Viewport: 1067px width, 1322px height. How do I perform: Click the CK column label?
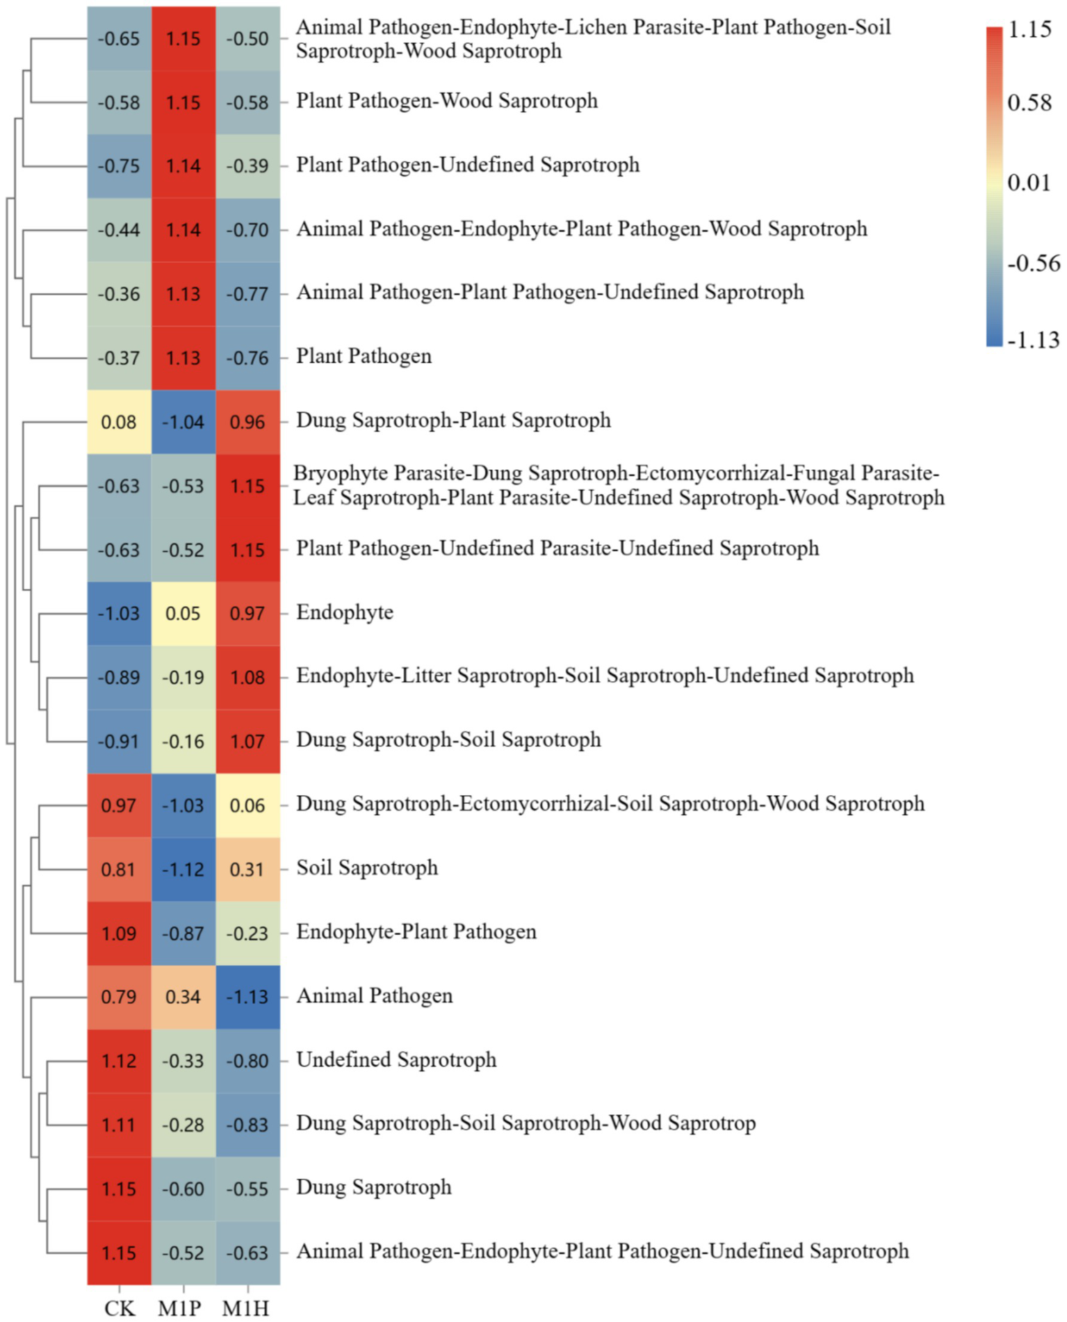(120, 1307)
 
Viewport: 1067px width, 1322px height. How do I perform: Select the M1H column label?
(245, 1307)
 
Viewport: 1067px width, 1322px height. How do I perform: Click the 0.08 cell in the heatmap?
(119, 422)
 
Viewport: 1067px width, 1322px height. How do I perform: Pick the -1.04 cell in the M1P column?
(184, 422)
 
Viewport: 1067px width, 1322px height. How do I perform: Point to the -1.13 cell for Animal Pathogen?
(247, 997)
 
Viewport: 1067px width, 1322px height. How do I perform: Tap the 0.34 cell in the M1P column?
(184, 997)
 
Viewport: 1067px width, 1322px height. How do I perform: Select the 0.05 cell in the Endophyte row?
(184, 613)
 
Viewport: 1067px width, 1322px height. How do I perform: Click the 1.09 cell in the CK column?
(119, 933)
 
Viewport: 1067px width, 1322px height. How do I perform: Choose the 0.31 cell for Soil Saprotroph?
(247, 869)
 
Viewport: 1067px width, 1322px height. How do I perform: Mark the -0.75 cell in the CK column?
(119, 166)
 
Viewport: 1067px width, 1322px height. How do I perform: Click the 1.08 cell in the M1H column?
(247, 677)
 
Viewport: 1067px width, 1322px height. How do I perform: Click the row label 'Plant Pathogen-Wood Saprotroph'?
(447, 101)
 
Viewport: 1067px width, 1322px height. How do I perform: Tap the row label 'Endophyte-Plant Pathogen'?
(416, 931)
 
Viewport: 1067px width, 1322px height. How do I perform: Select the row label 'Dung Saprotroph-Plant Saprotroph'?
(453, 420)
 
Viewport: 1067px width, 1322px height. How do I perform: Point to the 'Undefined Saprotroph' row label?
(396, 1059)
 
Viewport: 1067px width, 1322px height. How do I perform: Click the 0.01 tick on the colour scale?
(1029, 183)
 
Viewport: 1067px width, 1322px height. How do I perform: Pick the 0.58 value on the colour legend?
(1029, 103)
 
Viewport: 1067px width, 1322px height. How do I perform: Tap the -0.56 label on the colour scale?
(1033, 263)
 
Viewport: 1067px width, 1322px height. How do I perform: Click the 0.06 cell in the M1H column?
(247, 805)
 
